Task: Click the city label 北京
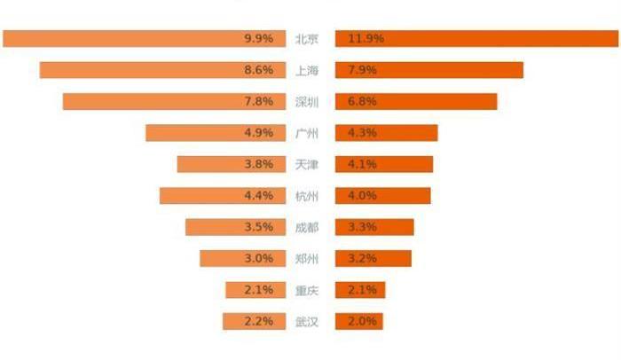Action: point(307,39)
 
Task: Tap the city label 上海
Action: point(307,70)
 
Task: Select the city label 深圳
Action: point(307,102)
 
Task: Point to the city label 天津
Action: point(307,164)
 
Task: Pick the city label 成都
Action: point(307,227)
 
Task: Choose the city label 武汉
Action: point(307,321)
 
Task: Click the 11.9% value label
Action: point(366,39)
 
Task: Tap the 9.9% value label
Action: point(258,39)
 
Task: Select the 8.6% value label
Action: point(258,70)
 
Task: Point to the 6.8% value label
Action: point(363,102)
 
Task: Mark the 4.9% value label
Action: point(258,133)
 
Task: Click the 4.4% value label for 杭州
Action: point(258,196)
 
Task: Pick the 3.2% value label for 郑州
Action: point(363,258)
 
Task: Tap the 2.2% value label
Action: point(258,321)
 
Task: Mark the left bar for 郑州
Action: point(222,258)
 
